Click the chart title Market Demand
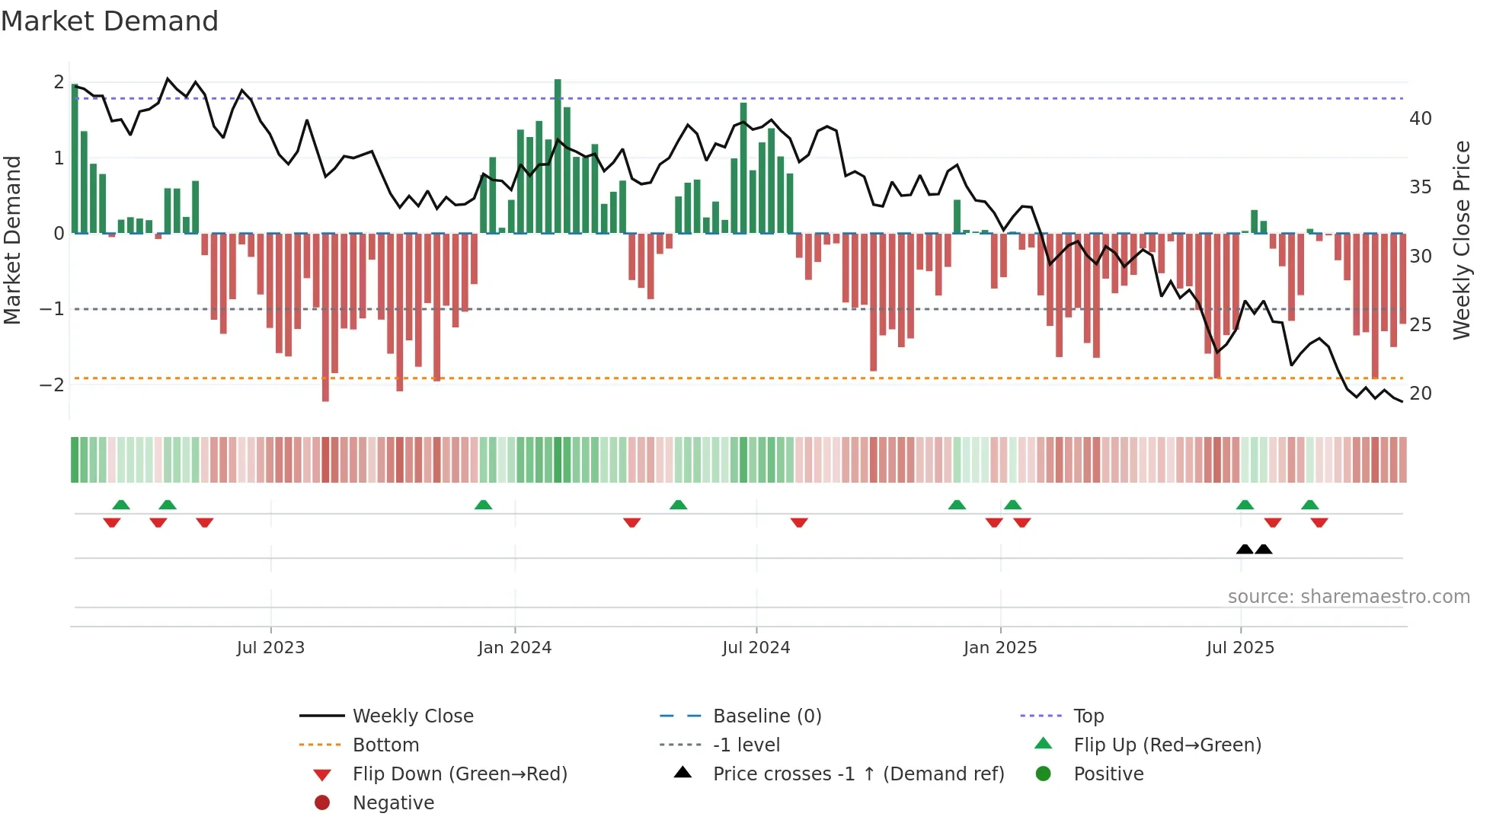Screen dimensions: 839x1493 point(110,21)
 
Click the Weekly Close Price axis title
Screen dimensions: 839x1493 point(1461,240)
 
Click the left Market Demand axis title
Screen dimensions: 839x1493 point(12,240)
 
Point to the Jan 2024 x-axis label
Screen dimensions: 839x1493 point(514,648)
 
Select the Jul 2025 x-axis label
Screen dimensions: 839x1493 point(1239,648)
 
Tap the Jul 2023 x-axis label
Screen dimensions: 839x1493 point(270,648)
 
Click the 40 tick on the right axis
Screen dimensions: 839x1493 point(1420,119)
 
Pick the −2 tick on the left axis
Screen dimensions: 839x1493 point(52,384)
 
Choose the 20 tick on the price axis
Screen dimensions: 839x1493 point(1420,394)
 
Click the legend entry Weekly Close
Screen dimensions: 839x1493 point(412,716)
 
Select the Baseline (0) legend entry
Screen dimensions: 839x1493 point(766,716)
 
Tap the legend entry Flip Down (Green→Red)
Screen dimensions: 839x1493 point(459,774)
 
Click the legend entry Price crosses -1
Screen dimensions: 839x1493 point(858,774)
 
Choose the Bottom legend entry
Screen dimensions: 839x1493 point(385,745)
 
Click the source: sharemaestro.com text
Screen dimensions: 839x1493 point(1348,597)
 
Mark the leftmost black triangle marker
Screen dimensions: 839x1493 point(1245,549)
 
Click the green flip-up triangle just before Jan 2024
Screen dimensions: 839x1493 point(483,505)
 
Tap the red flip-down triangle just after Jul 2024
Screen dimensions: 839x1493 point(798,523)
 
